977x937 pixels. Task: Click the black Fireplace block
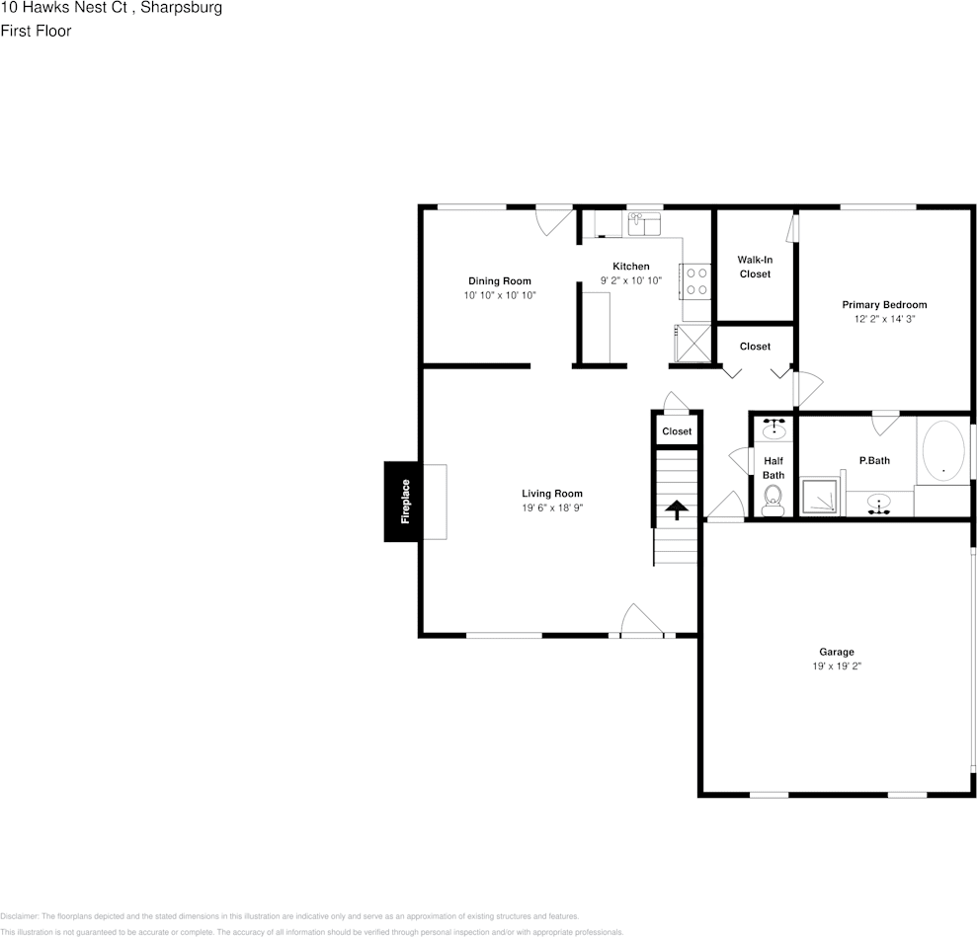403,502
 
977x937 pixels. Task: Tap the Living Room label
552,494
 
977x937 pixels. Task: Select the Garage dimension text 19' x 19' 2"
836,666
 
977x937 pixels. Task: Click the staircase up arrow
677,510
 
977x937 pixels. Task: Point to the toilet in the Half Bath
773,497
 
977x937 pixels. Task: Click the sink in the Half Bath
773,430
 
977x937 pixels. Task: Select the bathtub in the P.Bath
942,451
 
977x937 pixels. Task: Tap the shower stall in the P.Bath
821,497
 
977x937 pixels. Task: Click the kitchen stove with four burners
695,281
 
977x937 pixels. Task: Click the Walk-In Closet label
755,267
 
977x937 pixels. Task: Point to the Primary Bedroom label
884,305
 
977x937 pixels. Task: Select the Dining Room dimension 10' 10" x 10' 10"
500,295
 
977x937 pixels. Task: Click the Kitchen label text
631,267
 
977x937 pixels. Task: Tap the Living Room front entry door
641,622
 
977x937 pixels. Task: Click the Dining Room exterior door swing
553,220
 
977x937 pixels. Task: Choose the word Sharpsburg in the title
182,9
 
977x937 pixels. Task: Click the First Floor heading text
36,32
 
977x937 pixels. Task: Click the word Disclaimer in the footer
19,916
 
